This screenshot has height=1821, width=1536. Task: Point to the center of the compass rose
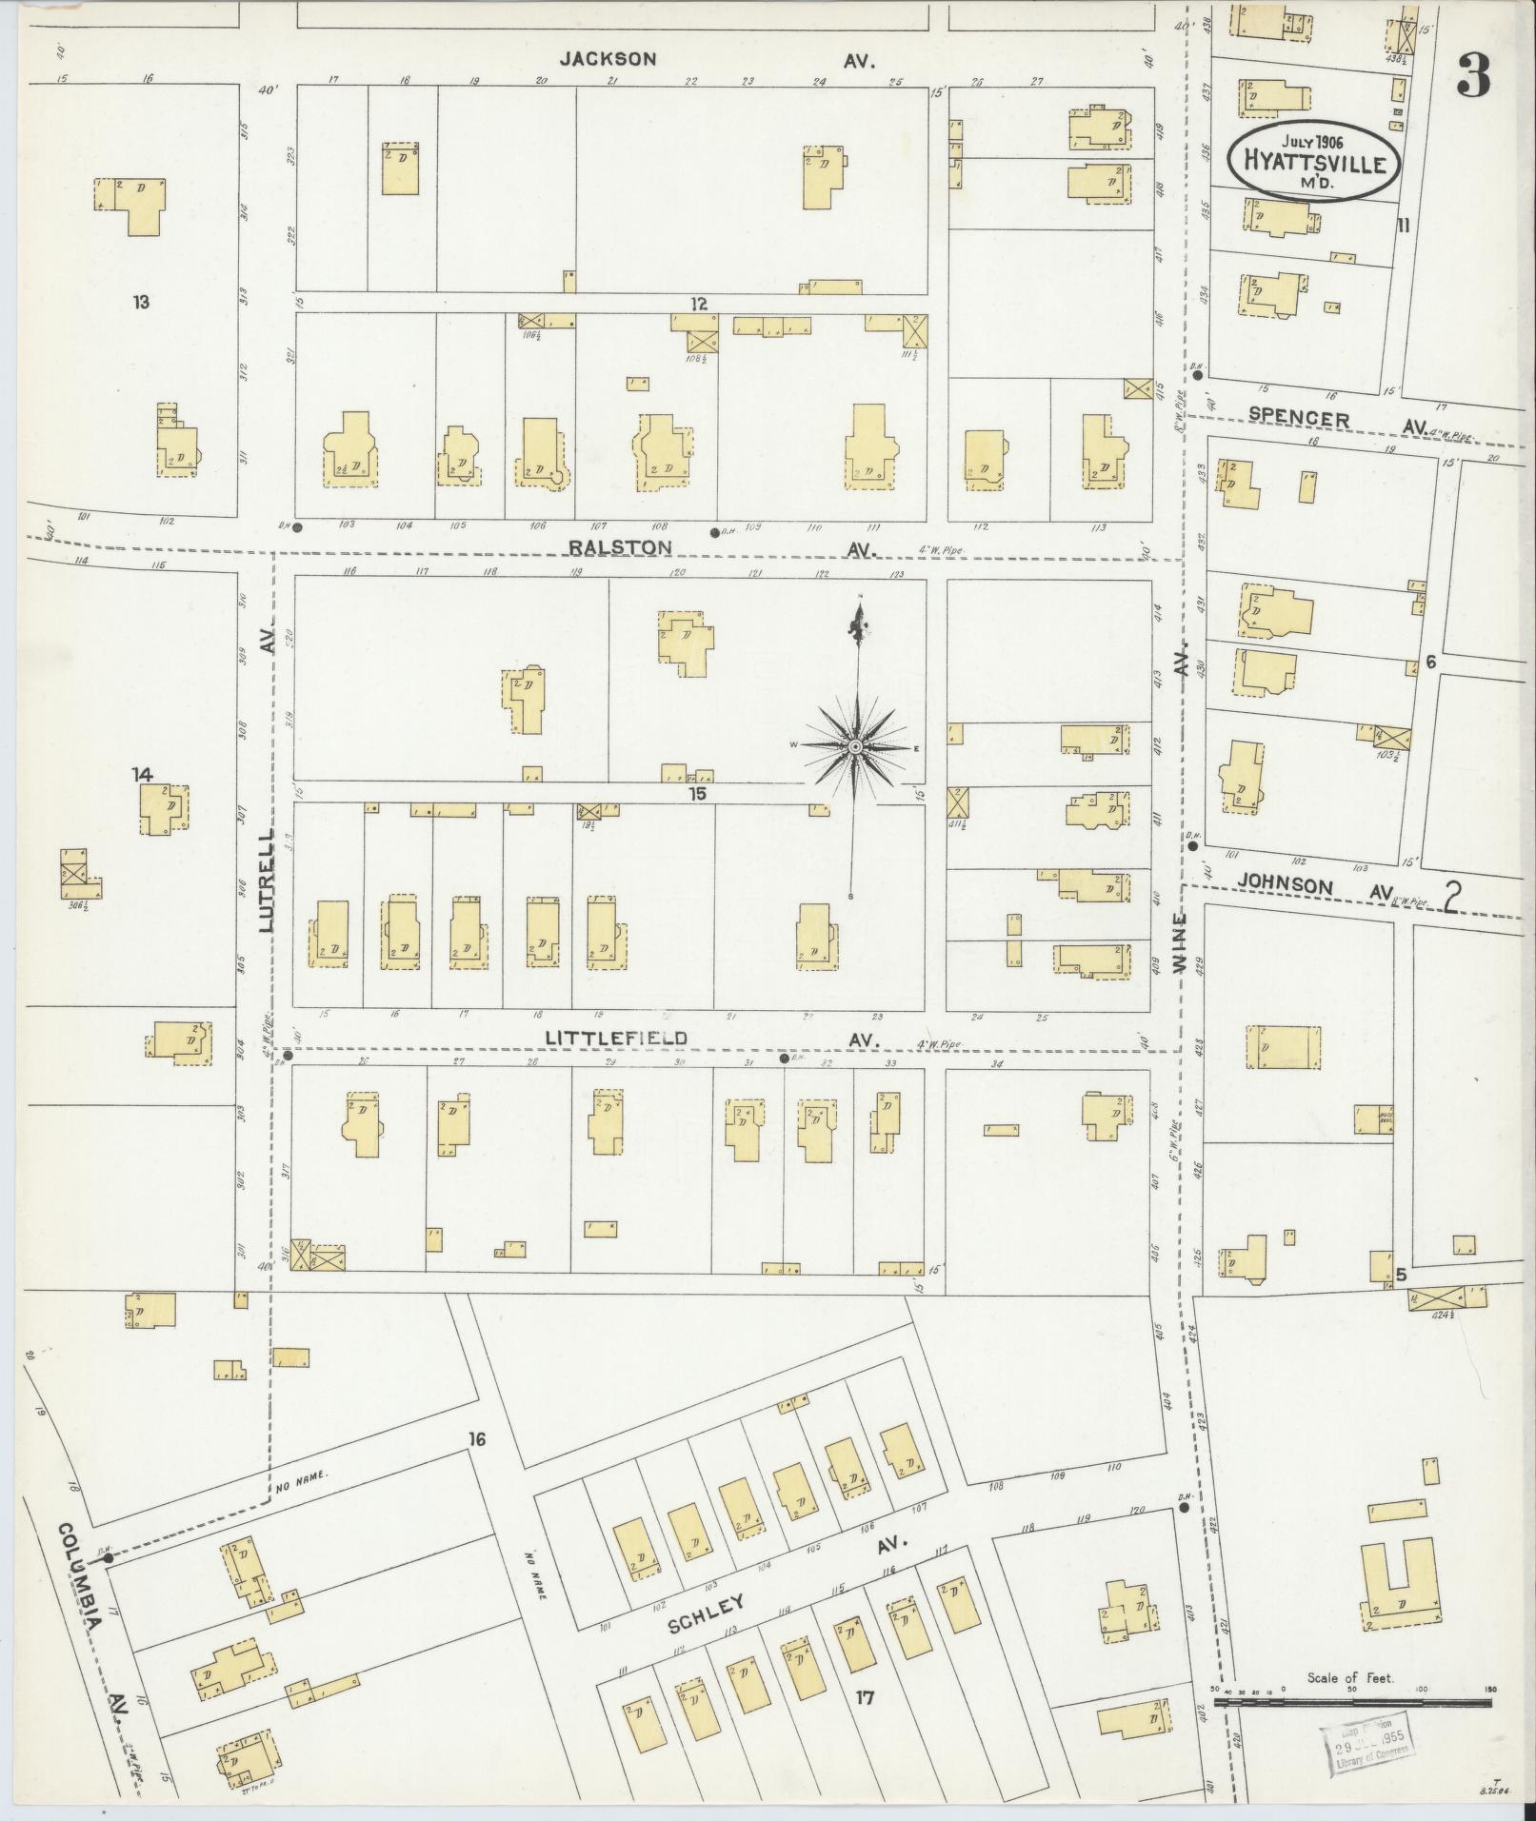(x=856, y=747)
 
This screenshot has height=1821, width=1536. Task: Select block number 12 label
(x=700, y=304)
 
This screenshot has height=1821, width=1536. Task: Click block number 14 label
(x=142, y=775)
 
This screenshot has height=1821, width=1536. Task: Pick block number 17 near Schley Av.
(x=865, y=1695)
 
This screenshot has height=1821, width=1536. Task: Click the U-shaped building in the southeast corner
(x=1397, y=1587)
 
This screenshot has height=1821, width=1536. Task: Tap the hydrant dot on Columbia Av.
(x=109, y=1558)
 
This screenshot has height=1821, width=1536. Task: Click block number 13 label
(x=141, y=303)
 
